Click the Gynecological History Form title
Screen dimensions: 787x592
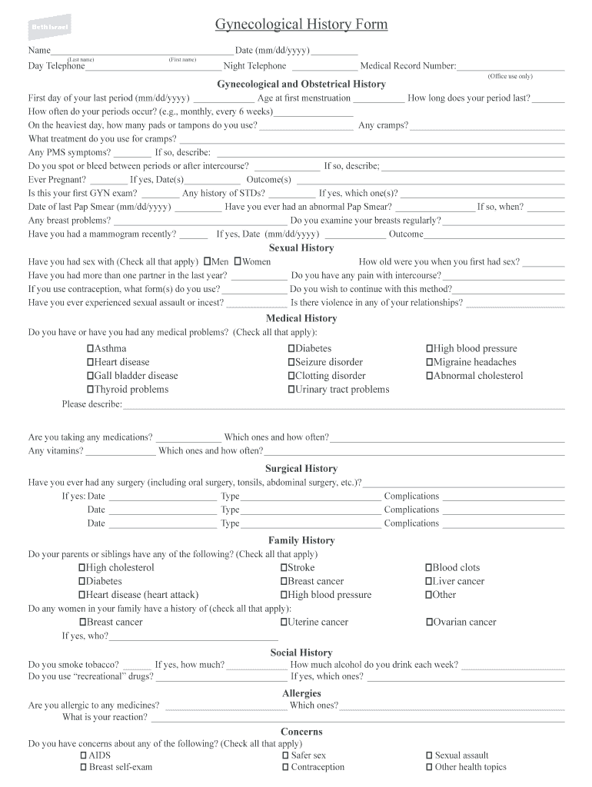coord(301,25)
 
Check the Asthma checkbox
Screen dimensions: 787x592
coord(90,349)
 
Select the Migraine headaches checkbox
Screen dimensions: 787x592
coord(429,363)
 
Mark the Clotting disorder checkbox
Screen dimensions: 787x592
coord(291,377)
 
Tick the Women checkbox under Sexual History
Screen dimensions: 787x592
coord(238,262)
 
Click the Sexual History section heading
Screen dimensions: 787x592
coord(301,248)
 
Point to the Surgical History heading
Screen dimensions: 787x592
coord(301,469)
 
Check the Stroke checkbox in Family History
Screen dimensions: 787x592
coord(284,568)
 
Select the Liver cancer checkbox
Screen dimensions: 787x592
coord(429,582)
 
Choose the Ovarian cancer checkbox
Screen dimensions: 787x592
coord(429,623)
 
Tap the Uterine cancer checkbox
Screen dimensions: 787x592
coord(284,623)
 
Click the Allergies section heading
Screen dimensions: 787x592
coord(301,694)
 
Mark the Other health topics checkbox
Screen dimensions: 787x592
coord(429,767)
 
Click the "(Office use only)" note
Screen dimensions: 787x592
coord(510,77)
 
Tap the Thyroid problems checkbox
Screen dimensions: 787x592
coord(90,390)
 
